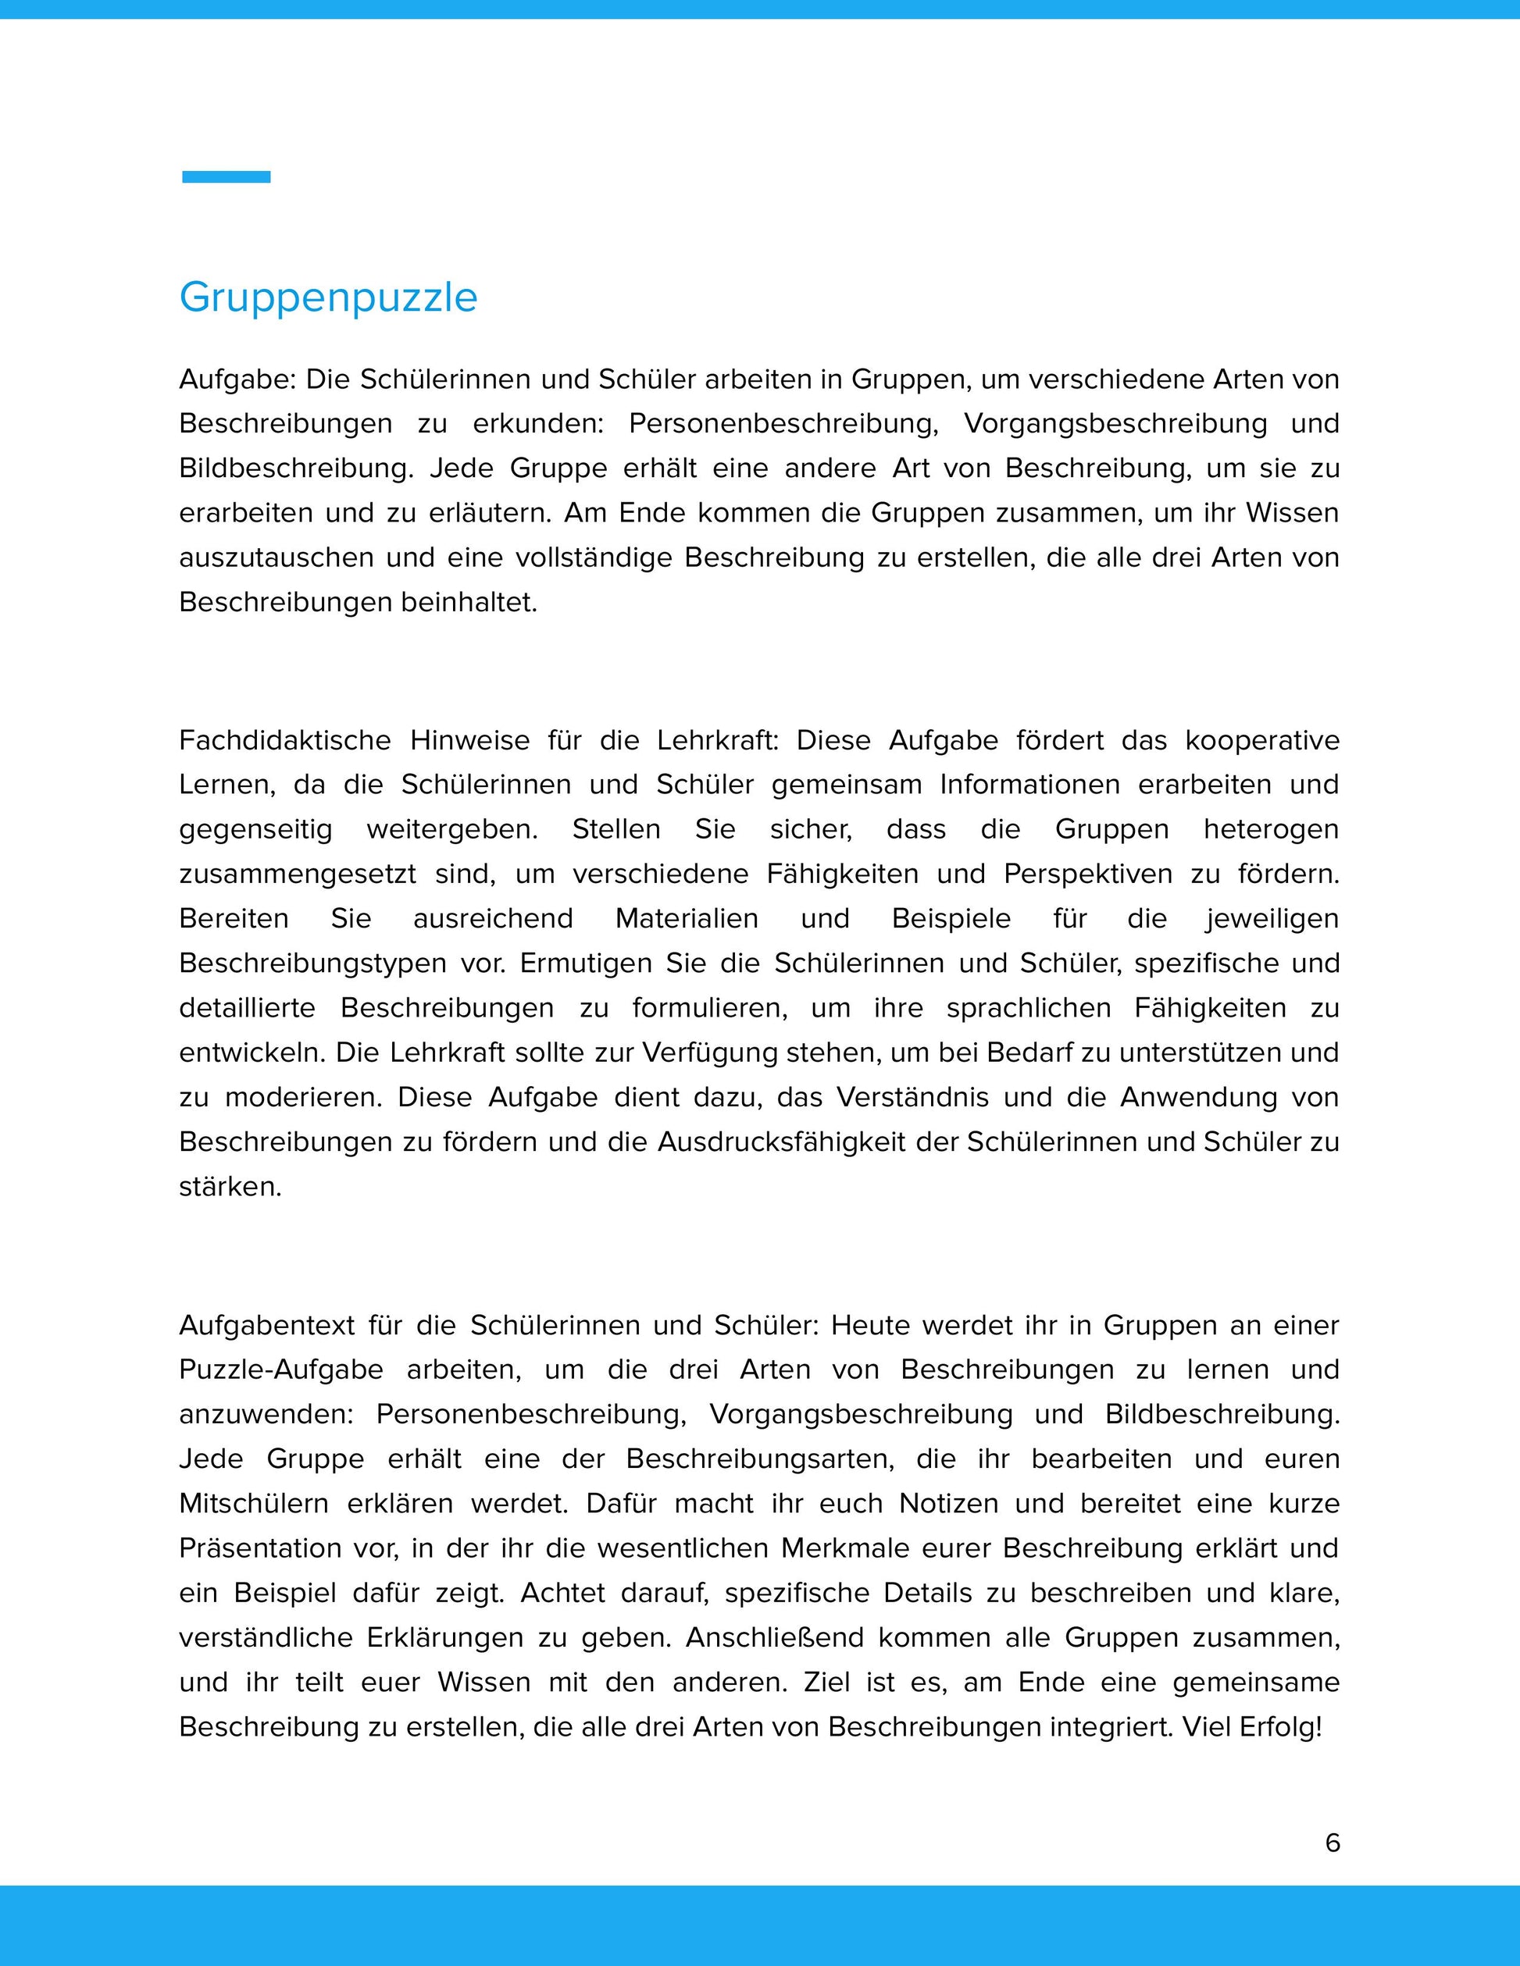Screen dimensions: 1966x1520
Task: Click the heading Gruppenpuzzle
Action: [328, 297]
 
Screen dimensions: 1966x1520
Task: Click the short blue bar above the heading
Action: [226, 176]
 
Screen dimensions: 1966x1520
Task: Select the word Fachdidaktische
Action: [283, 740]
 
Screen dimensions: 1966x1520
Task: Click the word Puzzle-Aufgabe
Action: [281, 1369]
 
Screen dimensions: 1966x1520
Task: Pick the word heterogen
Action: [1271, 829]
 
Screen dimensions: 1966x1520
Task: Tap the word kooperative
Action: [1261, 740]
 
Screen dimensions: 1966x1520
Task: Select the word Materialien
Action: [686, 918]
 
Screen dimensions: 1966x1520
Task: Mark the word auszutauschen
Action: [277, 557]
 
